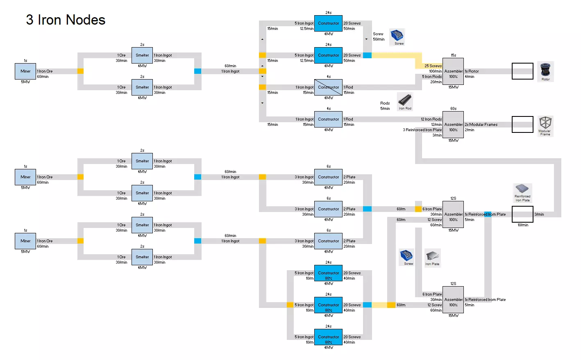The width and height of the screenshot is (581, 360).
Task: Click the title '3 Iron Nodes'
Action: click(66, 20)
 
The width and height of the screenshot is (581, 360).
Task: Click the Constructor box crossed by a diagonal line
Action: click(328, 87)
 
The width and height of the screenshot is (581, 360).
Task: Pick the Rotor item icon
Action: click(545, 71)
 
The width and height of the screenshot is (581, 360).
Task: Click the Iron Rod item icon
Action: click(405, 101)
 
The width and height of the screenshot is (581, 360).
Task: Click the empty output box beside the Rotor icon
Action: click(522, 71)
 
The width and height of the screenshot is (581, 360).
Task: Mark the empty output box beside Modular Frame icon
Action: click(522, 125)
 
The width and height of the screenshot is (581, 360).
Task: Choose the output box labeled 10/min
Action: click(522, 214)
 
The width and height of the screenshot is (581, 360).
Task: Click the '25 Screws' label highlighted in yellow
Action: click(433, 66)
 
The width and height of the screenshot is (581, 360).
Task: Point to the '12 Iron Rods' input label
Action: click(431, 119)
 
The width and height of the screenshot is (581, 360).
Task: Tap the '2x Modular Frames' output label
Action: click(481, 125)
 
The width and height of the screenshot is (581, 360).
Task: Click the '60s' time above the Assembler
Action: click(453, 109)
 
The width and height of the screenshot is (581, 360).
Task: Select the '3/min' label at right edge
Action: click(539, 214)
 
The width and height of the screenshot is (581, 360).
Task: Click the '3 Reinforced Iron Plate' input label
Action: click(422, 130)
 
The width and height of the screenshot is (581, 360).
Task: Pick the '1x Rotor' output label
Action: click(472, 71)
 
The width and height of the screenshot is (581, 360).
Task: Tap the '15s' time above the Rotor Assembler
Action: click(453, 55)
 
